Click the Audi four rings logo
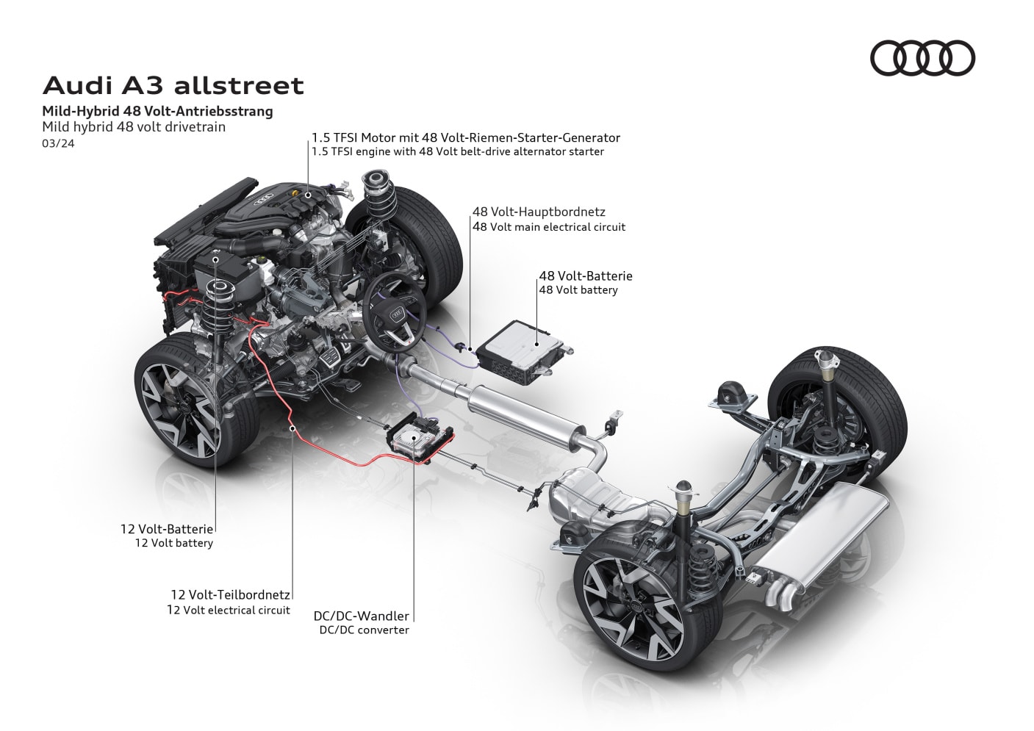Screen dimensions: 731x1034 922,58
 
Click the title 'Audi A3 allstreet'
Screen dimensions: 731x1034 173,85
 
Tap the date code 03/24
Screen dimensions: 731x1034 58,143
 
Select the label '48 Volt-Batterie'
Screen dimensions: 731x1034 586,276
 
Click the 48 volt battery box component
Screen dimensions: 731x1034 520,350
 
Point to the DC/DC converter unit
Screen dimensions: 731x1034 416,439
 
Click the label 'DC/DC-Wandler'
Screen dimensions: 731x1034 361,616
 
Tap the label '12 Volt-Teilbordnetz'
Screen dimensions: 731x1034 230,594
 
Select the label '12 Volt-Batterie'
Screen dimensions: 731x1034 167,528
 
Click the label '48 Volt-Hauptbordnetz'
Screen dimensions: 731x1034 539,212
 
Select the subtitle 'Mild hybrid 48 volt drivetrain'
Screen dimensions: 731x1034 134,126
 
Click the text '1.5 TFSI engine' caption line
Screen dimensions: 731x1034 457,152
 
